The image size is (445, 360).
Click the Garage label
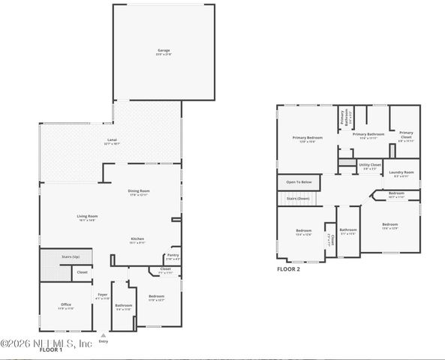click(x=164, y=52)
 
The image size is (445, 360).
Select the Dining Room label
click(x=139, y=191)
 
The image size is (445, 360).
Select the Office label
click(x=66, y=304)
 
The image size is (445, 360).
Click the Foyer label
click(x=102, y=295)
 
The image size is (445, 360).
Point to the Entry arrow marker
click(x=103, y=335)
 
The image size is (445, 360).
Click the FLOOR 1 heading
click(x=51, y=349)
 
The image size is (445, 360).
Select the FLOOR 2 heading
click(x=288, y=268)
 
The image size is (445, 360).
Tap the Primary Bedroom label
click(x=308, y=138)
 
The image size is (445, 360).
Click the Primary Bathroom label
click(x=371, y=135)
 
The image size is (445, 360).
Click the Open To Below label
click(x=299, y=181)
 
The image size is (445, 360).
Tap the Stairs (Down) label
click(x=298, y=199)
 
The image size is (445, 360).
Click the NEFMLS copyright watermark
click(x=47, y=343)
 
